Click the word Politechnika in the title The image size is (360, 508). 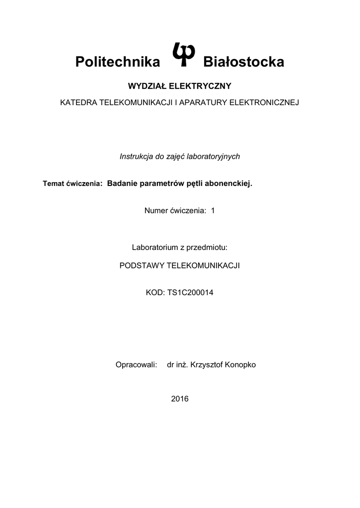118,63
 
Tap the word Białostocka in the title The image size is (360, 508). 244,63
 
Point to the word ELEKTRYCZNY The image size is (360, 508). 200,86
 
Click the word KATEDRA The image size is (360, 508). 79,103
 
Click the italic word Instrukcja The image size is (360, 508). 136,156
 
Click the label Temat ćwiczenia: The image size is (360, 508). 72,184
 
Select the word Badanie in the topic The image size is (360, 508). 122,184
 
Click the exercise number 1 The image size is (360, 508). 213,211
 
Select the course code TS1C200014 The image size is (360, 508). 187,293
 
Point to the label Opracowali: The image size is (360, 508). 136,365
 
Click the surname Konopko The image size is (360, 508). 240,365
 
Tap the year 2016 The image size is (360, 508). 180,398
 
